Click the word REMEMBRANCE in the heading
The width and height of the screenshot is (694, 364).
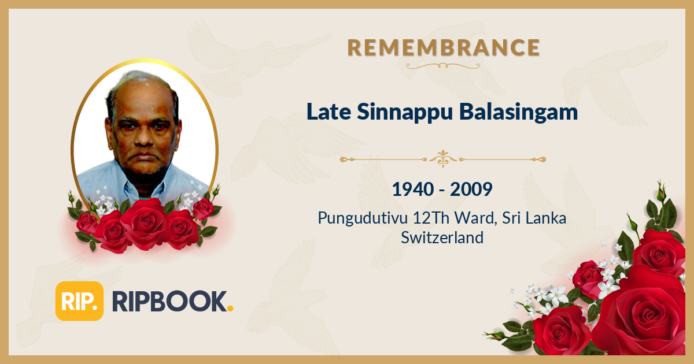click(x=444, y=47)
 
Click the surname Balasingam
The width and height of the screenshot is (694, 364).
click(x=519, y=112)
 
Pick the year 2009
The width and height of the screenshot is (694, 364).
click(x=472, y=189)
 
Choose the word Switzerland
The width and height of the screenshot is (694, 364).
click(x=442, y=237)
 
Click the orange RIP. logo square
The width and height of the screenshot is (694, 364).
click(x=79, y=301)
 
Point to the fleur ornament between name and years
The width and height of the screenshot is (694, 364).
click(x=443, y=158)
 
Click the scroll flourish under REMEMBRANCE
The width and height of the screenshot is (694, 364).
click(x=444, y=65)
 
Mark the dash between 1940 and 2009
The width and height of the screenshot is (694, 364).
click(x=442, y=190)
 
